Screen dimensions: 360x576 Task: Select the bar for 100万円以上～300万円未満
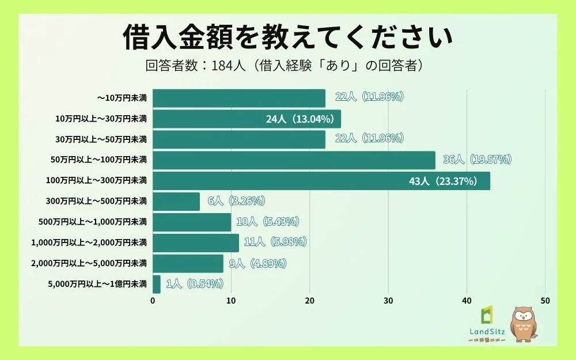click(321, 181)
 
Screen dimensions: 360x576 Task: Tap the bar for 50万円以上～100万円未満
click(294, 160)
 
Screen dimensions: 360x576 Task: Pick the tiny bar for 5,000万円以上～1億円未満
click(157, 284)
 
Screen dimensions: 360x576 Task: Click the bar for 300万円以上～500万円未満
click(176, 202)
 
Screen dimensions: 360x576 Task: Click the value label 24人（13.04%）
click(300, 119)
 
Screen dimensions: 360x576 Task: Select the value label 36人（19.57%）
click(477, 160)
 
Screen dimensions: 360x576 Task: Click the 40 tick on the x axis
click(467, 301)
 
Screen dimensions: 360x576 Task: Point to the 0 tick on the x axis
click(153, 301)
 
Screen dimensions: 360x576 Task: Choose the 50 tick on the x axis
click(545, 301)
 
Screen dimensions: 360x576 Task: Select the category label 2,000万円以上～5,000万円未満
click(89, 263)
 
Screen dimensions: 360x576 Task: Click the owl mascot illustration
click(524, 324)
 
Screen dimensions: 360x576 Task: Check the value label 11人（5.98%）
click(275, 242)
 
